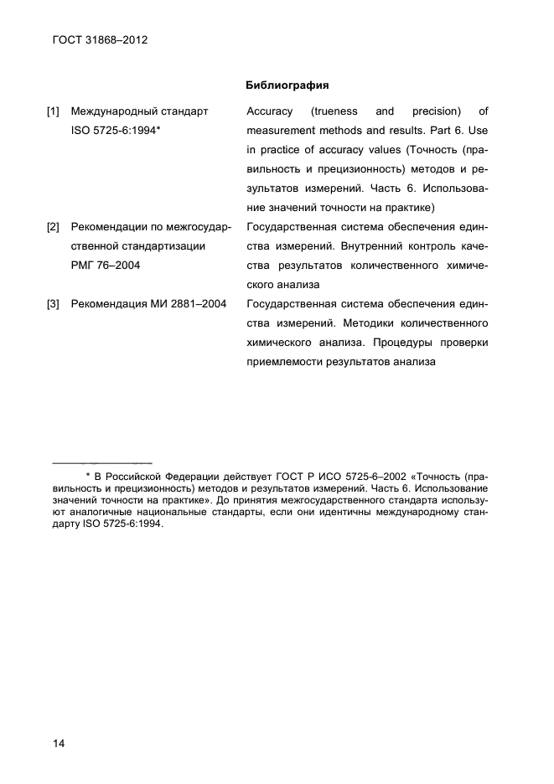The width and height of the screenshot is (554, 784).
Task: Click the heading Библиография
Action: point(287,85)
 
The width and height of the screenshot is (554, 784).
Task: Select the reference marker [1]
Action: point(54,111)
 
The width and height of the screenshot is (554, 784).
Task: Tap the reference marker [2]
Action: point(54,227)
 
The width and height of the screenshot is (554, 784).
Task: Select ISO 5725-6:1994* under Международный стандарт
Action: point(116,131)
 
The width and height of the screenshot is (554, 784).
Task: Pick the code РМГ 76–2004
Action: point(106,266)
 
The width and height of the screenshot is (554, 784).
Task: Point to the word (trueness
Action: point(334,111)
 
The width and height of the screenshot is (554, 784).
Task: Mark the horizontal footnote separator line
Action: point(101,462)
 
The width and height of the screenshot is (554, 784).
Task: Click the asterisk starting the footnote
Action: point(88,476)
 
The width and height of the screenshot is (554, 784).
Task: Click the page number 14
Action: point(59,743)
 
